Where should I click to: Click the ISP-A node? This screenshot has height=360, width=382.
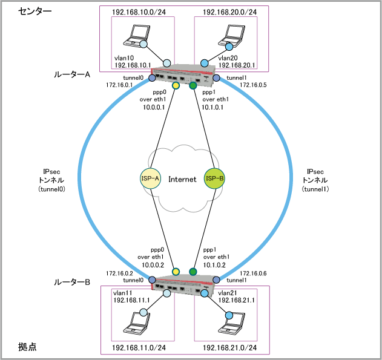pos(149,178)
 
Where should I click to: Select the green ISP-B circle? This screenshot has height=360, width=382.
pos(215,178)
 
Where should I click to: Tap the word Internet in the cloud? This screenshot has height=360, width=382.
pos(182,179)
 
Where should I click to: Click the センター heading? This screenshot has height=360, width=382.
pos(35,11)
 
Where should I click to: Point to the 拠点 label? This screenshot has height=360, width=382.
pos(27,347)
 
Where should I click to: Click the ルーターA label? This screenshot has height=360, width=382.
pos(73,75)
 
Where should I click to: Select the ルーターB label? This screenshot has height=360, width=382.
pos(73,282)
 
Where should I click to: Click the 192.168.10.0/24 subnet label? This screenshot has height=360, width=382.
pos(139,11)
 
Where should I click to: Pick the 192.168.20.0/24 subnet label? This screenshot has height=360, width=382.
pos(229,11)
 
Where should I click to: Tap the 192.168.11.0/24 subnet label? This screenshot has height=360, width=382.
pos(139,349)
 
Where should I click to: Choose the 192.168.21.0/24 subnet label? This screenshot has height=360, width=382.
pos(229,349)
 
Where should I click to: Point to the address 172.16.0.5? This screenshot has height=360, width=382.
pos(254,85)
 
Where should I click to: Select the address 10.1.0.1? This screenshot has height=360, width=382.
pos(212,107)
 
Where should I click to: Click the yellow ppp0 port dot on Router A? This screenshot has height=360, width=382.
pos(176,86)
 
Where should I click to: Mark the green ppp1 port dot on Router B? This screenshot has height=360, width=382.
pos(193,271)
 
